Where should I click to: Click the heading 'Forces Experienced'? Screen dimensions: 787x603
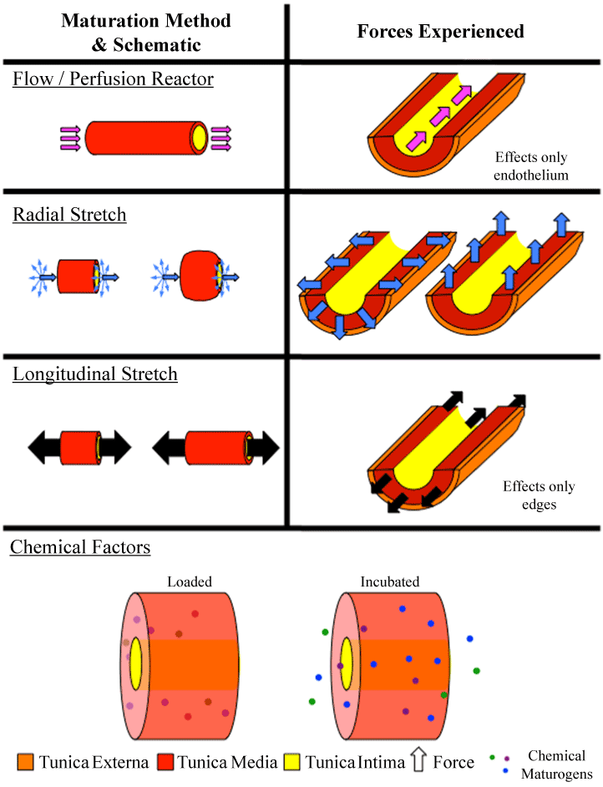click(440, 32)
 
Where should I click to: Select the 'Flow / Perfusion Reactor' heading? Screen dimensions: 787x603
click(113, 80)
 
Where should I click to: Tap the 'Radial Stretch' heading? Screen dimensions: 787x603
click(69, 216)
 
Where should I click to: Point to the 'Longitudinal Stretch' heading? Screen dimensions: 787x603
click(95, 373)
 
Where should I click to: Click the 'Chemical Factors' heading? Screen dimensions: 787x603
click(80, 548)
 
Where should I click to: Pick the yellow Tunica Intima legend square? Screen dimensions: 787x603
click(292, 762)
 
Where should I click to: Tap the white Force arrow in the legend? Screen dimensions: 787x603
click(418, 761)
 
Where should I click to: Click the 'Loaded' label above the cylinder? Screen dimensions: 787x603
click(190, 581)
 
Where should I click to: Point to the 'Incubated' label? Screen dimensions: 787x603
click(390, 581)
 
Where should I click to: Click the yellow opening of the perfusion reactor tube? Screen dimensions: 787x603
click(199, 135)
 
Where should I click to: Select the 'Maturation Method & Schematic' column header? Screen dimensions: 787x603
click(145, 33)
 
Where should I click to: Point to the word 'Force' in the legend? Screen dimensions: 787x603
click(454, 762)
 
